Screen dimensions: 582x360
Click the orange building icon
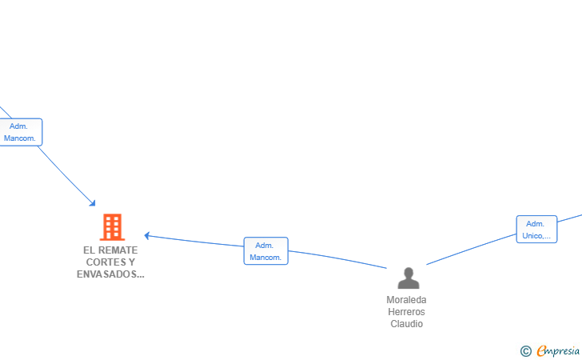(x=112, y=227)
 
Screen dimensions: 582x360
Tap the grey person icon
(x=409, y=278)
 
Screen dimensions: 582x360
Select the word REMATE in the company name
(x=118, y=250)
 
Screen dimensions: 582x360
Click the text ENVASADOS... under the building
(x=110, y=274)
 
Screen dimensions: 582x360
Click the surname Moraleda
(x=406, y=300)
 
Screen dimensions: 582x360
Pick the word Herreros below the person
(x=406, y=312)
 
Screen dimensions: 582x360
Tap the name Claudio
(x=406, y=324)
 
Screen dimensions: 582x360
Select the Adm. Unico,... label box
(x=536, y=230)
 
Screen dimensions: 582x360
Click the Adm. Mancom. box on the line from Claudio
(x=265, y=250)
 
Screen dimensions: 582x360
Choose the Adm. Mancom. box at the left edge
(x=20, y=132)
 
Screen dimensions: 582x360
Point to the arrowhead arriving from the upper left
(x=93, y=203)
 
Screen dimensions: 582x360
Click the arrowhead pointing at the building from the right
(x=147, y=235)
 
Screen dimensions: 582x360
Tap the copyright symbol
(x=525, y=350)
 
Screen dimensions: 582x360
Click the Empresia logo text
(x=558, y=350)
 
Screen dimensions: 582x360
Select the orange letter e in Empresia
(x=541, y=350)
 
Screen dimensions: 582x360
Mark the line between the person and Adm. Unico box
(x=472, y=250)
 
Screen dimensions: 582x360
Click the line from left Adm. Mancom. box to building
(x=66, y=175)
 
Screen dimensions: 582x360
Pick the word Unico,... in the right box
(x=536, y=235)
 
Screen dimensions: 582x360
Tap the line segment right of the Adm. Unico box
(x=569, y=218)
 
